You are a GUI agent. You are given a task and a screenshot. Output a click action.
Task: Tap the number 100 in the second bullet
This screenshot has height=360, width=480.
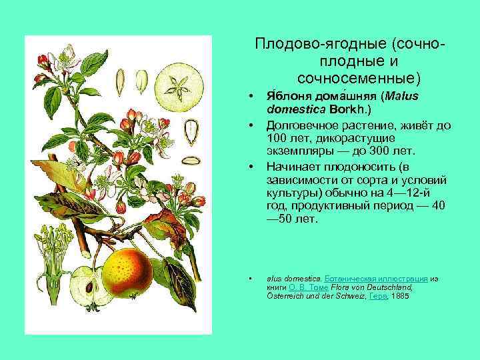pos(276,137)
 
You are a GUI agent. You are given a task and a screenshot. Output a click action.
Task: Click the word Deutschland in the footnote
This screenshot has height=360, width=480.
pos(387,286)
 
